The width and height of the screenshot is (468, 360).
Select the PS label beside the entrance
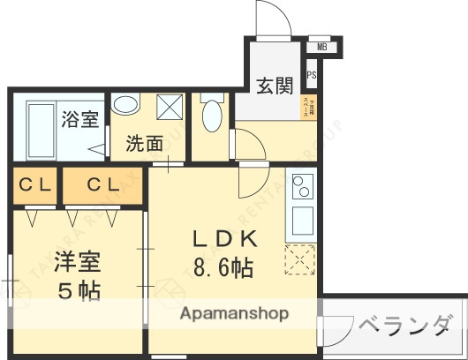(x=312, y=76)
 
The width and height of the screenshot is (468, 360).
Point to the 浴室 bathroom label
(x=80, y=119)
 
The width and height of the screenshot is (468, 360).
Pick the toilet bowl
(x=211, y=114)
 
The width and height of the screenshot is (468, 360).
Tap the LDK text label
(x=225, y=238)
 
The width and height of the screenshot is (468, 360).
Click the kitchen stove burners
(x=301, y=186)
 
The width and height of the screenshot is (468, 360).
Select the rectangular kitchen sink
(x=300, y=220)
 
